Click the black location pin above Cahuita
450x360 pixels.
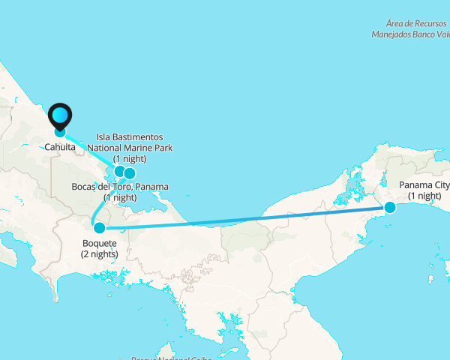click(60, 116)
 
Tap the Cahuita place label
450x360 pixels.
click(60, 147)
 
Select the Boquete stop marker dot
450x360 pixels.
click(99, 227)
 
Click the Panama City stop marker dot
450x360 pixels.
click(390, 207)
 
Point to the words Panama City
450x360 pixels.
click(424, 185)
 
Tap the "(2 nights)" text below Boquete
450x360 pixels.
click(99, 254)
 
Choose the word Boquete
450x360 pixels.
click(99, 244)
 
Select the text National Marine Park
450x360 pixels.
click(130, 148)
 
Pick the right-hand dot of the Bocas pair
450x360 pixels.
click(130, 173)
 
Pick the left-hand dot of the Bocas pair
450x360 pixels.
click(118, 171)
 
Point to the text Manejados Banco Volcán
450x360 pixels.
click(411, 34)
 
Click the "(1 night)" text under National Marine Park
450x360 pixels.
click(130, 159)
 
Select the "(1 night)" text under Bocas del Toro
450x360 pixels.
click(120, 197)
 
